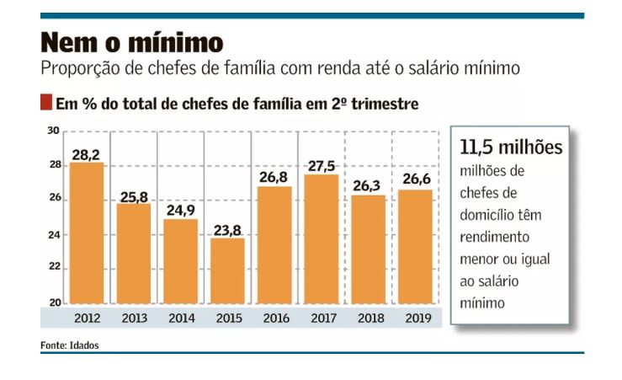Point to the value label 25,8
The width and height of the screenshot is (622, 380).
point(134,197)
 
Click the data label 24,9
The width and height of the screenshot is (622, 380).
point(181,212)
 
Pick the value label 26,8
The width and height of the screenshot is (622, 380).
point(275,179)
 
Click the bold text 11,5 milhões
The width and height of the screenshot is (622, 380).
point(511,147)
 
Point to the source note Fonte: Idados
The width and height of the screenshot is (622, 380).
point(74,345)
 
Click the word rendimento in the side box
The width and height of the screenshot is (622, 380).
point(500,237)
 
